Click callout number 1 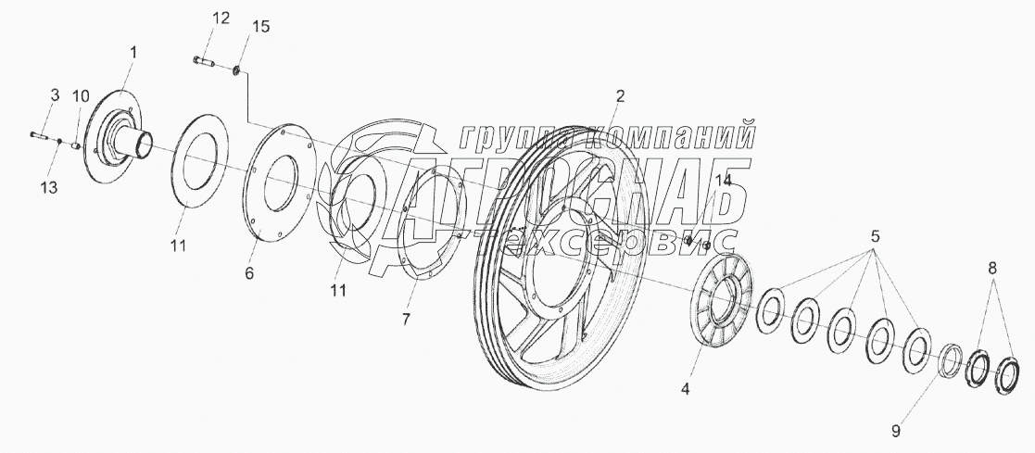[x=133, y=54]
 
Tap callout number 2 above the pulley [x=620, y=95]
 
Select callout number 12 [x=220, y=19]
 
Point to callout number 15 [x=261, y=27]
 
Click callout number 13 [x=48, y=187]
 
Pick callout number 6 [x=248, y=274]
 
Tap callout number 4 [x=685, y=389]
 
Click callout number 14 [x=723, y=181]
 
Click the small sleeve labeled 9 [x=950, y=360]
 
